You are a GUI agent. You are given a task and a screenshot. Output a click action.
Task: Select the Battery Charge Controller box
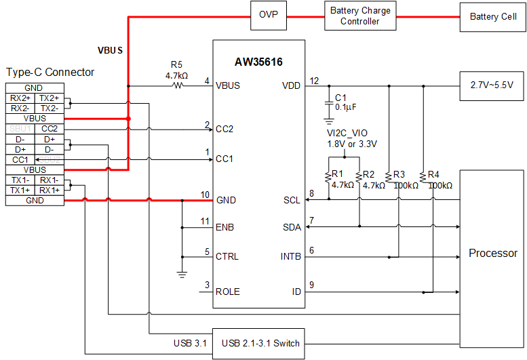pyautogui.click(x=359, y=16)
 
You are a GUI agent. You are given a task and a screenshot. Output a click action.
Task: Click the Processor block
pyautogui.click(x=493, y=253)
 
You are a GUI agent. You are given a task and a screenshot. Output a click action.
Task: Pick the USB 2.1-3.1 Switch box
pyautogui.click(x=260, y=343)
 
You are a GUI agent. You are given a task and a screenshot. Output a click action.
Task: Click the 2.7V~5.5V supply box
pyautogui.click(x=492, y=85)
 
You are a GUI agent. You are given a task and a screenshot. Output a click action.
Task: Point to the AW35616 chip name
pyautogui.click(x=258, y=62)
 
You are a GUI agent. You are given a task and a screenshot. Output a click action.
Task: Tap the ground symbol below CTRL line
pyautogui.click(x=182, y=273)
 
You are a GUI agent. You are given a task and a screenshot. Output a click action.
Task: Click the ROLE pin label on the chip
pyautogui.click(x=228, y=292)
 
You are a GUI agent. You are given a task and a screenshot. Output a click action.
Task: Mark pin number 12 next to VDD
pyautogui.click(x=314, y=81)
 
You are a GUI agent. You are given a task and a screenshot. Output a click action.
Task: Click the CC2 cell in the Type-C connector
pyautogui.click(x=50, y=128)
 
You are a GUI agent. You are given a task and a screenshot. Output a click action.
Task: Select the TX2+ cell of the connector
pyautogui.click(x=50, y=98)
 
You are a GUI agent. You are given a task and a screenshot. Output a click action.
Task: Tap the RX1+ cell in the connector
pyautogui.click(x=50, y=191)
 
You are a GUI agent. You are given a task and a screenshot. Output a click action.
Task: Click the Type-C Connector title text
pyautogui.click(x=50, y=72)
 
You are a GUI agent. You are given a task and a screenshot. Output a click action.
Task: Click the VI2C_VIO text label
pyautogui.click(x=347, y=133)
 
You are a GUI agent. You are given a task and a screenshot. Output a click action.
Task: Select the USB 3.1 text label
pyautogui.click(x=191, y=343)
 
